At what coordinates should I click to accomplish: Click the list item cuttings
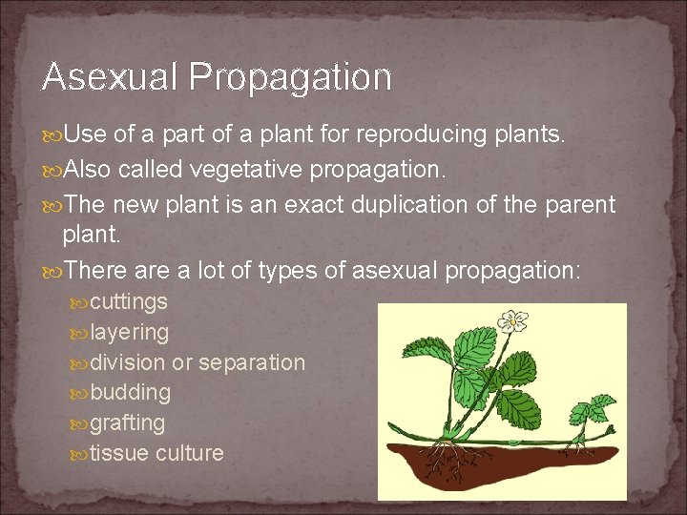[x=129, y=302]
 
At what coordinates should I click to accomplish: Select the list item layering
[x=130, y=333]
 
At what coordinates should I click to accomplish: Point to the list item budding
[x=131, y=392]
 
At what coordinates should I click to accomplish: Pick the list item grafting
[x=128, y=422]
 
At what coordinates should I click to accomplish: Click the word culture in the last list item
[x=190, y=452]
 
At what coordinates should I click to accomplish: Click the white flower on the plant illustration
[x=515, y=321]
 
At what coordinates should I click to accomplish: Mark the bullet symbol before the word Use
[x=52, y=136]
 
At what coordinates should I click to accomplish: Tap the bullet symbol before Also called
[x=52, y=171]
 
